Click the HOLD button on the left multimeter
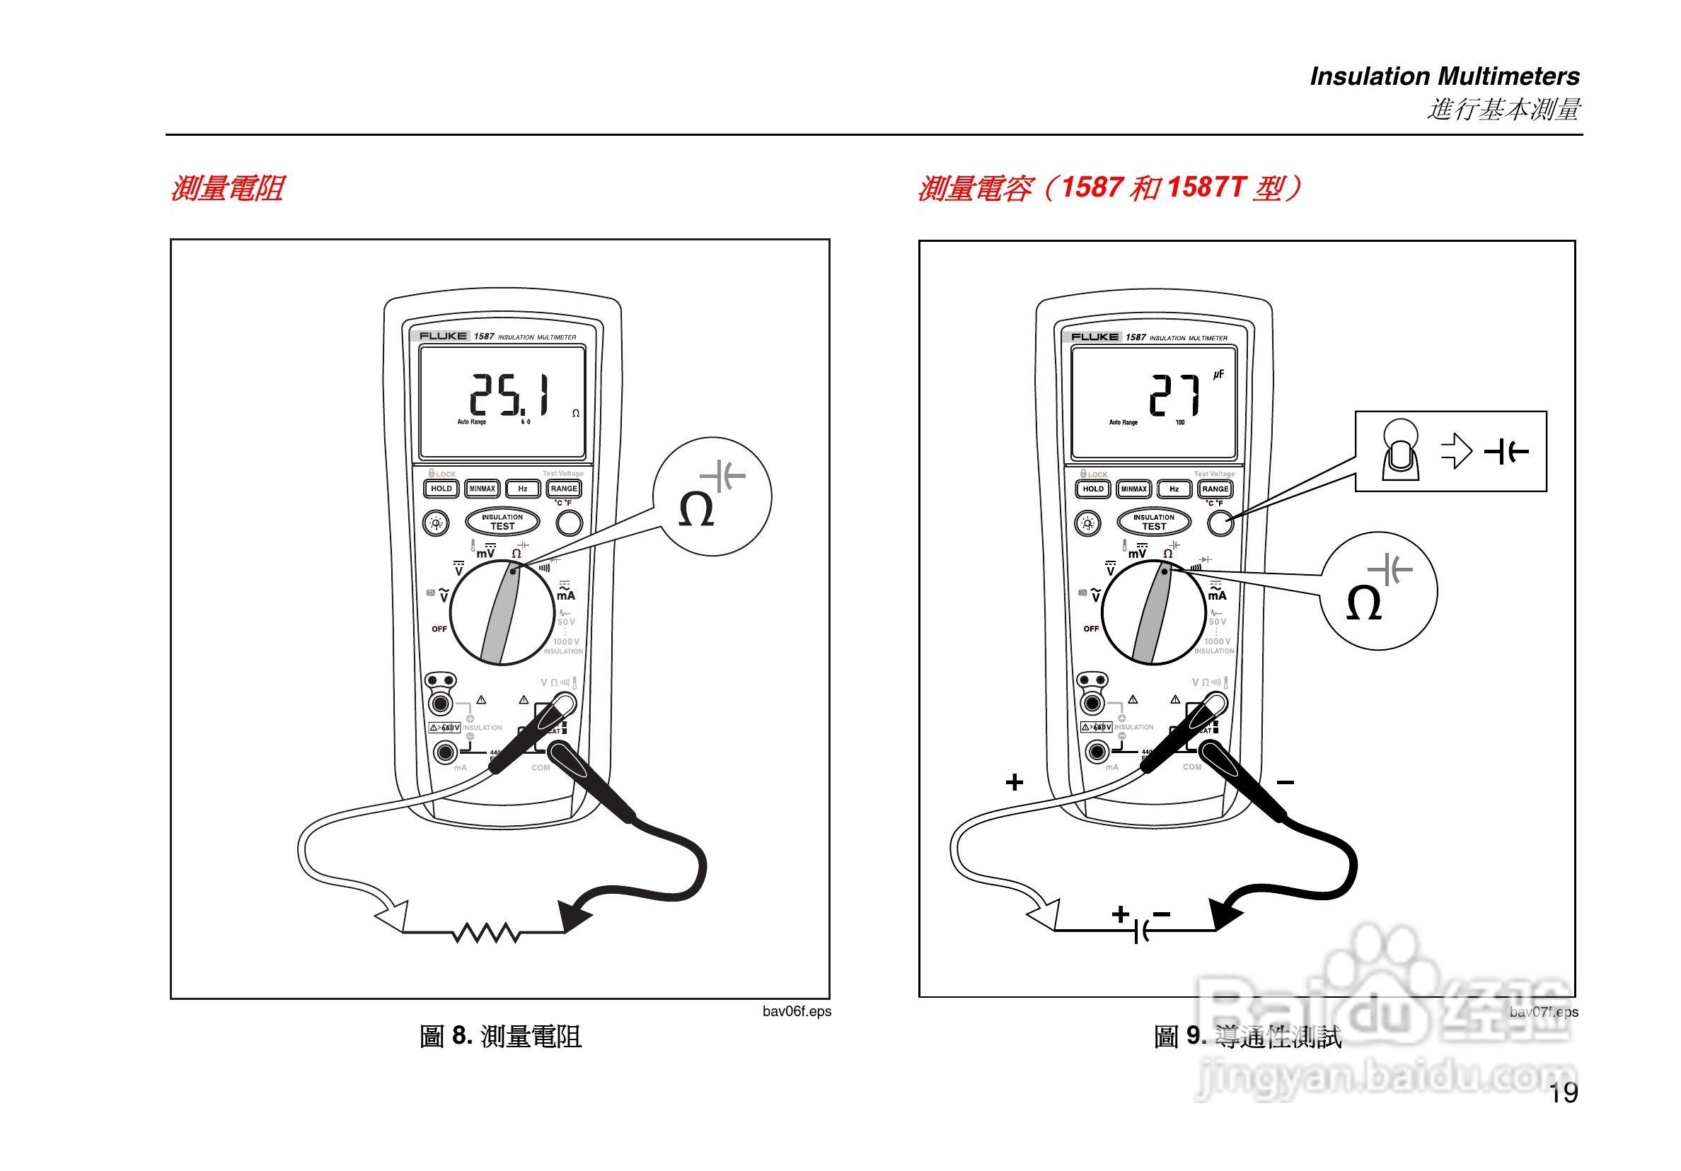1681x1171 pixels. (441, 489)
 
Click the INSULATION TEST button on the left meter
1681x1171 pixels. (502, 522)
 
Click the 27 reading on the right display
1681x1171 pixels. (1174, 396)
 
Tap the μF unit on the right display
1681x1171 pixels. (1218, 375)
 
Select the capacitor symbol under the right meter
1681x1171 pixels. (1140, 933)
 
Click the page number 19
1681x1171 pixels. (1563, 1093)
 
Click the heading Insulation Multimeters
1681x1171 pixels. (1445, 76)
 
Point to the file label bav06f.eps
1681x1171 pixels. (797, 1011)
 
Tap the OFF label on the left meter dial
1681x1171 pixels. (439, 629)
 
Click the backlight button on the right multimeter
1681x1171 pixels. (1087, 523)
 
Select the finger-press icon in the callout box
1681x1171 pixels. (1400, 452)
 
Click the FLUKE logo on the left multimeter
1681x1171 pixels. (443, 336)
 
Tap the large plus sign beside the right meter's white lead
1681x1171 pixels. (1014, 782)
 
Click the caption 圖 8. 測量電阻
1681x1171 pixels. (501, 1037)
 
